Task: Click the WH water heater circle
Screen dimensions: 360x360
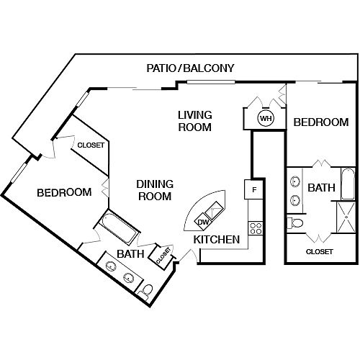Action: pyautogui.click(x=266, y=118)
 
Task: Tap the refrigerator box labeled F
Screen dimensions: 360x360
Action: pyautogui.click(x=253, y=189)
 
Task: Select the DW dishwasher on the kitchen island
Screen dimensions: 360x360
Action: pyautogui.click(x=203, y=222)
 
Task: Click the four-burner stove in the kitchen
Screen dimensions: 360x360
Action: pyautogui.click(x=256, y=228)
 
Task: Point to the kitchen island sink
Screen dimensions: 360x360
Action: pyautogui.click(x=215, y=210)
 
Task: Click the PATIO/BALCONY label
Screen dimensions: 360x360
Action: pyautogui.click(x=190, y=68)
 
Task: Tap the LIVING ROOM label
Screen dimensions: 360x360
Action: pyautogui.click(x=195, y=121)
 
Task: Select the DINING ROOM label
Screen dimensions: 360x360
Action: pyautogui.click(x=155, y=190)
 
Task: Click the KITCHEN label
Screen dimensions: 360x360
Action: pyautogui.click(x=217, y=240)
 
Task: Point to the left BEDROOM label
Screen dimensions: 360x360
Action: pyautogui.click(x=64, y=192)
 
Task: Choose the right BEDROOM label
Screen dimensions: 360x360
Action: pyautogui.click(x=321, y=122)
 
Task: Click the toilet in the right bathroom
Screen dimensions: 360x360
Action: pyautogui.click(x=295, y=223)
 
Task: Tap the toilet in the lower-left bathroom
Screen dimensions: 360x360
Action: pyautogui.click(x=145, y=292)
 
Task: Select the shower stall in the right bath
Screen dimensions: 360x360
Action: pyautogui.click(x=346, y=217)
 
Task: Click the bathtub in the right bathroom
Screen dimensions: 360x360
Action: pyautogui.click(x=348, y=184)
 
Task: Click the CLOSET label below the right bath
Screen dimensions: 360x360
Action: pyautogui.click(x=320, y=252)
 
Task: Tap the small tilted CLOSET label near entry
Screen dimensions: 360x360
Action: pyautogui.click(x=163, y=256)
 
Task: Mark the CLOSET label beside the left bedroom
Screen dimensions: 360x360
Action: pyautogui.click(x=91, y=145)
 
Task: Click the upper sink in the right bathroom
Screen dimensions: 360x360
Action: pyautogui.click(x=294, y=181)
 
